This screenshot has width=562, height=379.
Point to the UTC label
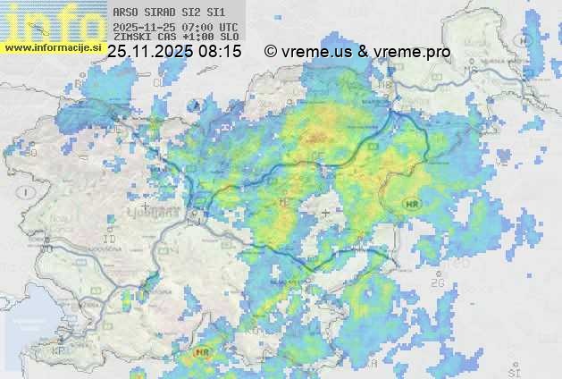click(228, 27)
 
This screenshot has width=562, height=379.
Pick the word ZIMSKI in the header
click(130, 37)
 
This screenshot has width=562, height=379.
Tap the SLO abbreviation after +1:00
click(230, 37)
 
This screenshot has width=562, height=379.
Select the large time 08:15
click(220, 52)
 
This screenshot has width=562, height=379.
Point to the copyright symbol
click(270, 52)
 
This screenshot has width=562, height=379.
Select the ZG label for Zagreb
click(438, 283)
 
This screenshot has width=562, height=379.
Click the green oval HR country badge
click(412, 205)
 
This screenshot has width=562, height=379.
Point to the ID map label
click(110, 240)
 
